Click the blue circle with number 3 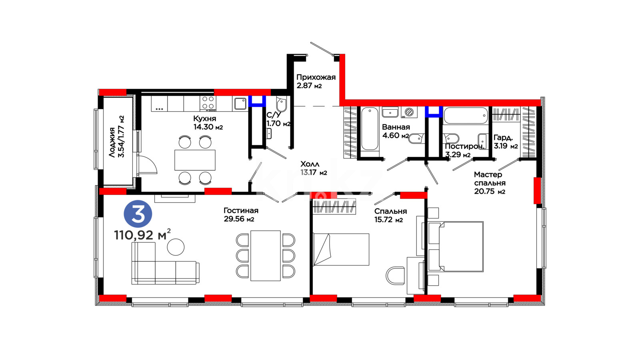pos(138,214)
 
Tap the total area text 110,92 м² pos(142,234)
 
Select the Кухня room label pos(204,118)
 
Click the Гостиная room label pos(241,210)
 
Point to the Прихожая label pos(316,77)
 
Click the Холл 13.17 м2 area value pos(314,172)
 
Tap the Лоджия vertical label pos(112,142)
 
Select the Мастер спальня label pos(490,178)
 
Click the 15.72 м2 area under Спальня pos(388,220)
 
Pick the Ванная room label pos(396,127)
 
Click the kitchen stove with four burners pos(208,104)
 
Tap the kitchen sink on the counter pos(240,104)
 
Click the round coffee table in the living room pos(176,247)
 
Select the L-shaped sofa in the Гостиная pos(165,264)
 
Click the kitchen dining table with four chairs pos(195,160)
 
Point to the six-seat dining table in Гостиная pos(266,256)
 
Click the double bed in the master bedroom pos(456,246)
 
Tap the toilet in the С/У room pos(282,104)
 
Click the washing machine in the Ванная pos(409,112)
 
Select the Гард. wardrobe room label pos(503,138)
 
